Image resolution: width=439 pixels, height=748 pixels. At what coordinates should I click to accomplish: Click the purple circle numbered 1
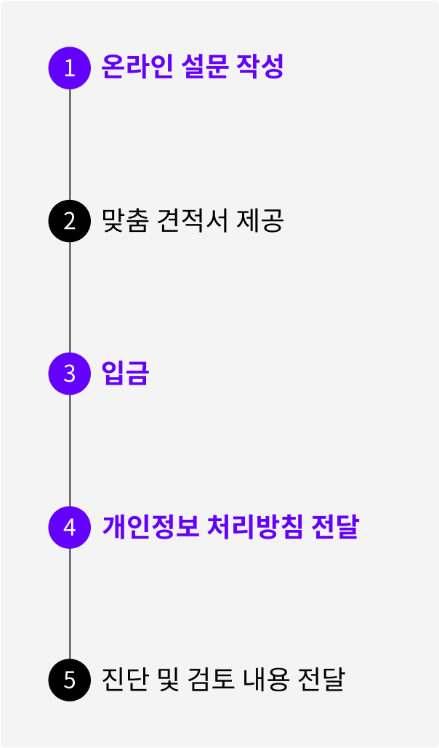coord(70,68)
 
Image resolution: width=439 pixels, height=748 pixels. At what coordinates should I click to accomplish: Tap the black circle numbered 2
coord(70,220)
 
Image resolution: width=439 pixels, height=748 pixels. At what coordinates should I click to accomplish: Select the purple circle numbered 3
coord(70,374)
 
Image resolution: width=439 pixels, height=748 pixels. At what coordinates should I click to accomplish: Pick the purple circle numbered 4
coord(70,527)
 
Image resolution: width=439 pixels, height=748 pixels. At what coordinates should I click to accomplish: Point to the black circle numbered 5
coord(70,680)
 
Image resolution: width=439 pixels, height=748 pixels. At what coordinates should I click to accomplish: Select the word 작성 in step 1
coord(259,67)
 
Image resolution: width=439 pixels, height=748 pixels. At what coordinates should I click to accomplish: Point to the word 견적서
coord(191,220)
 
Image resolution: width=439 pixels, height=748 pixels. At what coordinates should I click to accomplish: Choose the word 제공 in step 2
coord(259,220)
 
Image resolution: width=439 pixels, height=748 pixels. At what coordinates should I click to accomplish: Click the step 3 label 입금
coord(125,374)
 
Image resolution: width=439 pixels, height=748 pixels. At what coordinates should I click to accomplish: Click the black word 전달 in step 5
coord(321,680)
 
